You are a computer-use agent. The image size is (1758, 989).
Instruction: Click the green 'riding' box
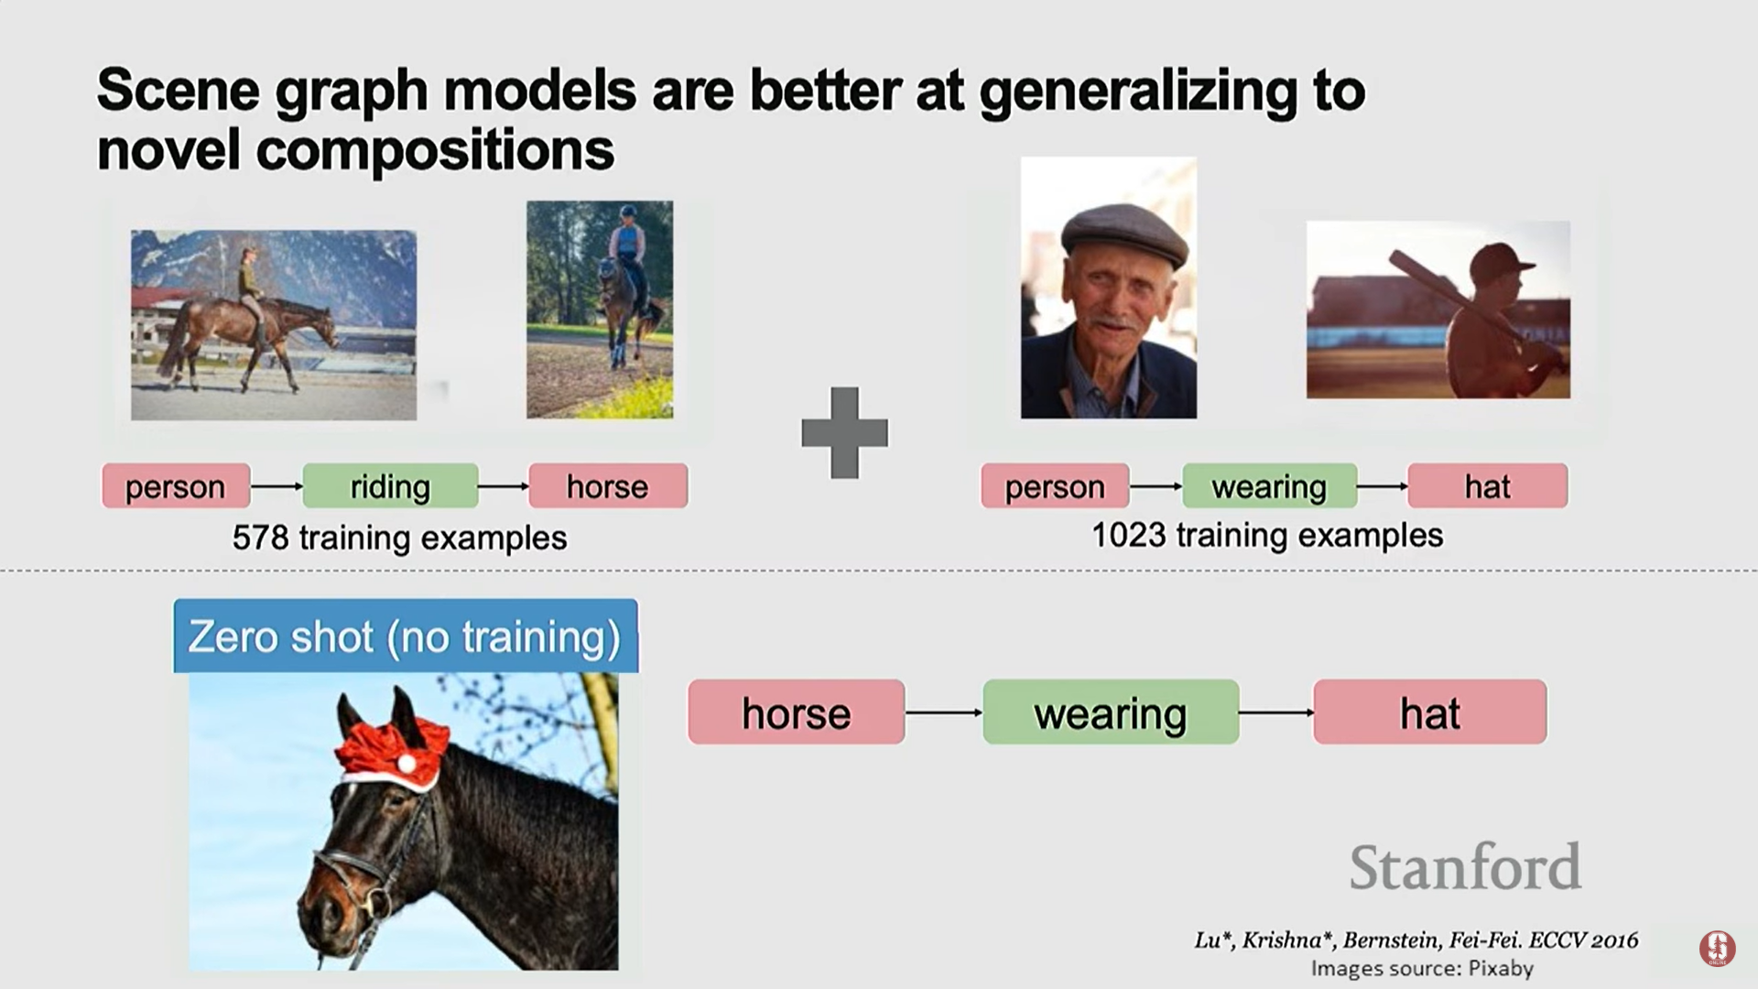pyautogui.click(x=390, y=485)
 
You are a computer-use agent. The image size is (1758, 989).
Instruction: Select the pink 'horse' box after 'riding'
pyautogui.click(x=608, y=485)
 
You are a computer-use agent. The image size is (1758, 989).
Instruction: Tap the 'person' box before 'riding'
pyautogui.click(x=176, y=485)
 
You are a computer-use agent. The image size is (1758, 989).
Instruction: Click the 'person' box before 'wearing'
pyautogui.click(x=1055, y=485)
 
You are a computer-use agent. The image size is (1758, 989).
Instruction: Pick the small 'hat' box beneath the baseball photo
pyautogui.click(x=1487, y=485)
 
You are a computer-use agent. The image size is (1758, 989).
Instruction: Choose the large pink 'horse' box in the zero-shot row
pyautogui.click(x=797, y=712)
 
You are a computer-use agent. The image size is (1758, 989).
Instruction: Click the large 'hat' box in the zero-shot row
pyautogui.click(x=1430, y=712)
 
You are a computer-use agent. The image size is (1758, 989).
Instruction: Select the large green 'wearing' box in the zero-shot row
pyautogui.click(x=1111, y=712)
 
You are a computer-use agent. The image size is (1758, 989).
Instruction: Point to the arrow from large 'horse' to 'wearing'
pyautogui.click(x=944, y=712)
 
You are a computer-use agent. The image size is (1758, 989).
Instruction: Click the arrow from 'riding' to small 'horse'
pyautogui.click(x=504, y=485)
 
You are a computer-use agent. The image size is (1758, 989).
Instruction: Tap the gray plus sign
pyautogui.click(x=844, y=432)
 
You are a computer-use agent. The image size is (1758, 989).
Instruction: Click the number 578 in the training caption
pyautogui.click(x=260, y=538)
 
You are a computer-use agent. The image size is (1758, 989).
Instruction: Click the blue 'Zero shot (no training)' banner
pyautogui.click(x=406, y=636)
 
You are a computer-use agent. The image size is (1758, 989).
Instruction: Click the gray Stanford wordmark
pyautogui.click(x=1465, y=866)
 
